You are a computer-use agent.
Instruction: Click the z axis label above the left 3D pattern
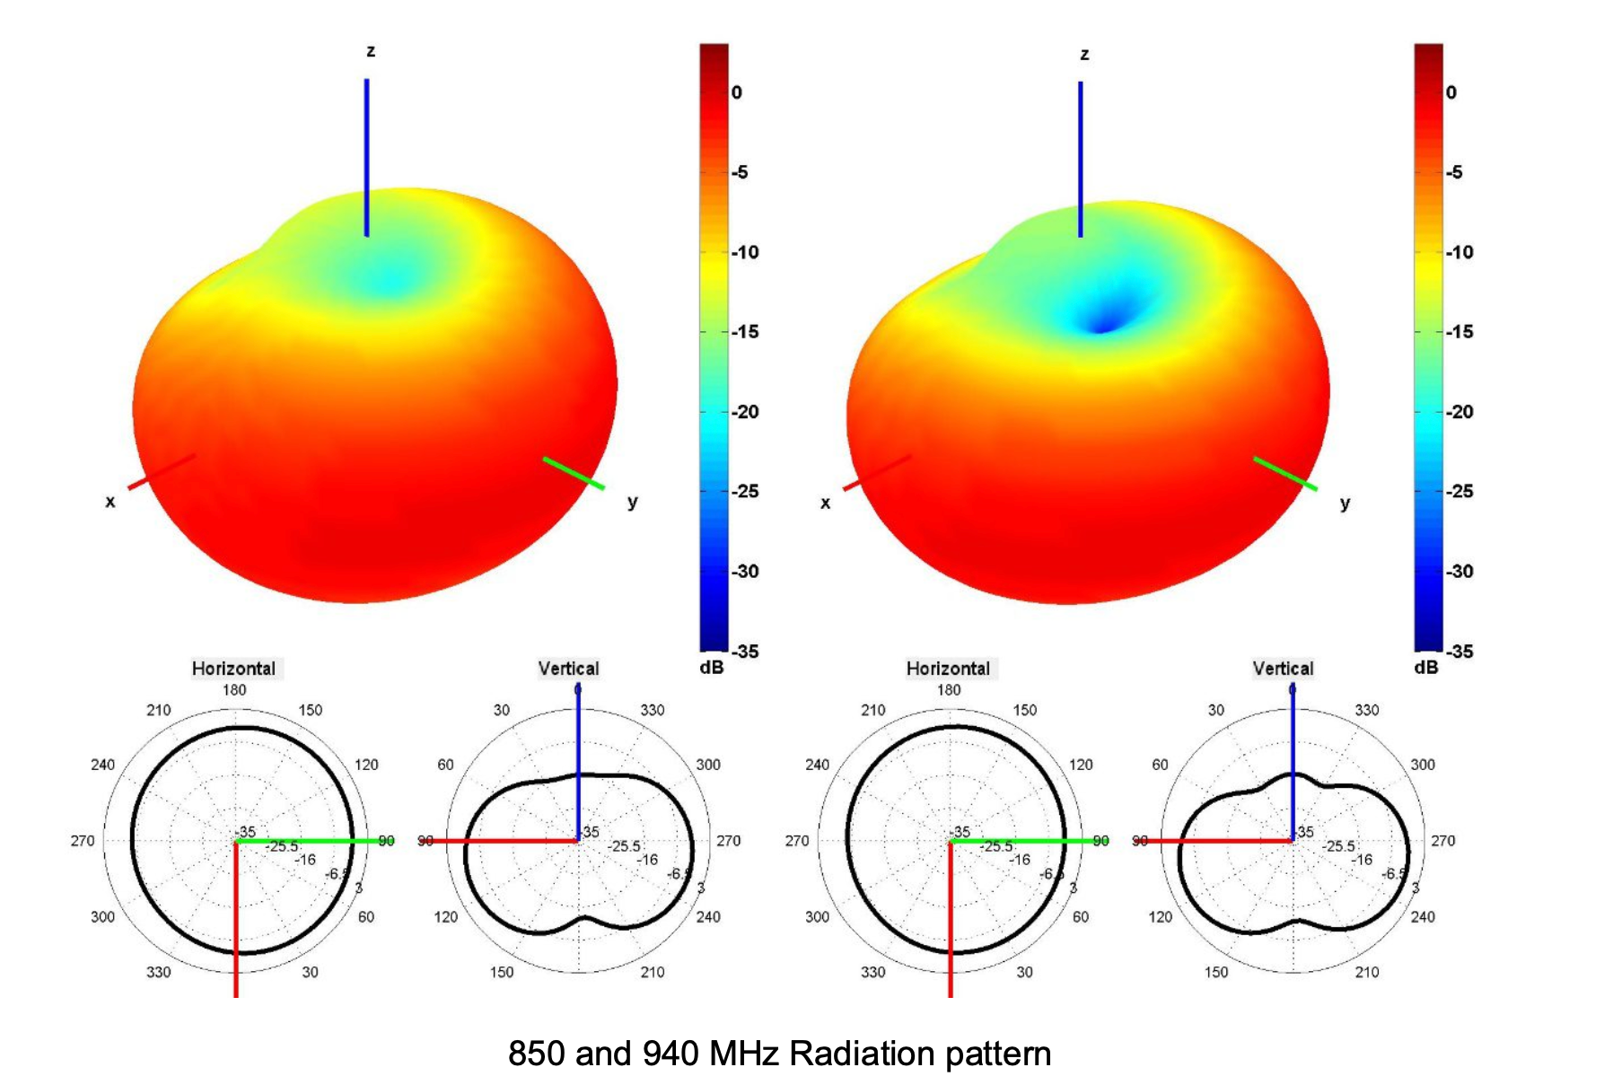click(x=371, y=52)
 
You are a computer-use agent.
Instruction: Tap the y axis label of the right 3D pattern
click(x=1345, y=503)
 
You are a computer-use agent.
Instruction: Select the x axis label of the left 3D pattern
click(x=110, y=502)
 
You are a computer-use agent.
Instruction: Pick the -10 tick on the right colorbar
click(x=1459, y=252)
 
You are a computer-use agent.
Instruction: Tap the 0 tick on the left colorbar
click(x=736, y=92)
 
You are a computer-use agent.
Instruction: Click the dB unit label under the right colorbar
click(x=1425, y=668)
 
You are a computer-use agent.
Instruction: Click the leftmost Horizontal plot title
click(x=233, y=669)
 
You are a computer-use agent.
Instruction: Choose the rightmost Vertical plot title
click(x=1283, y=669)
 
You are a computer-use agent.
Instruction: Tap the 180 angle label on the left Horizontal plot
click(x=234, y=690)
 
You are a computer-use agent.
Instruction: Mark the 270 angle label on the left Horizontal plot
click(x=83, y=841)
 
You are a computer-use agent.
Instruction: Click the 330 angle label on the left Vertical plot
click(x=653, y=710)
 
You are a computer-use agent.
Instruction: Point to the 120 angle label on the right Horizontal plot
click(x=1081, y=765)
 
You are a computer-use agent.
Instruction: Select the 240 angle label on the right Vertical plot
click(x=1423, y=917)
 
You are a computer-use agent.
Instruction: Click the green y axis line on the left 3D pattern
click(x=573, y=473)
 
